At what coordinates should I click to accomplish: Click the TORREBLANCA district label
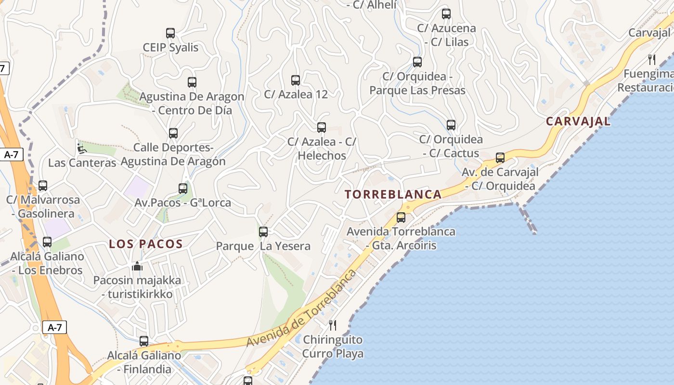[393, 194]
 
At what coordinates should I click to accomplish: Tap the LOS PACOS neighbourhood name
[146, 244]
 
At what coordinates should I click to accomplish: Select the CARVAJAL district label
[578, 121]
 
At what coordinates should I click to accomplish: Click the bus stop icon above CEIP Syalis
[170, 33]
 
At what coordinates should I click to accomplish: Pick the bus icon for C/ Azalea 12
[296, 80]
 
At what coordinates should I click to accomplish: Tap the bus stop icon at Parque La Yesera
[263, 232]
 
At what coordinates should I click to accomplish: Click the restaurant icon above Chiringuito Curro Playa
[332, 325]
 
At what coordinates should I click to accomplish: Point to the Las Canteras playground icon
[81, 149]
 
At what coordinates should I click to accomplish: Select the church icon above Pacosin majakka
[137, 266]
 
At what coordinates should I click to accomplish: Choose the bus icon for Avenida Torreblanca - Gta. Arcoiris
[401, 218]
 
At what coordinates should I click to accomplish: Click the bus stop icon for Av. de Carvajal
[500, 158]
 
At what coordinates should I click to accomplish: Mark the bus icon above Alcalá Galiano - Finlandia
[144, 341]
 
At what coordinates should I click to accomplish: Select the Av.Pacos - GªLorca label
[182, 203]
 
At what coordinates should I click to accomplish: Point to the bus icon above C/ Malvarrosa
[43, 186]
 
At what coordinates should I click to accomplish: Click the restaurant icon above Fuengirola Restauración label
[652, 60]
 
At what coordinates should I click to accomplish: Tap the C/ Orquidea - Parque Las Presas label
[417, 83]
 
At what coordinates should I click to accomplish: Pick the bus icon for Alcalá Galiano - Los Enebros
[47, 242]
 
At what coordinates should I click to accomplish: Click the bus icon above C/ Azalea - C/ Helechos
[322, 128]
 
